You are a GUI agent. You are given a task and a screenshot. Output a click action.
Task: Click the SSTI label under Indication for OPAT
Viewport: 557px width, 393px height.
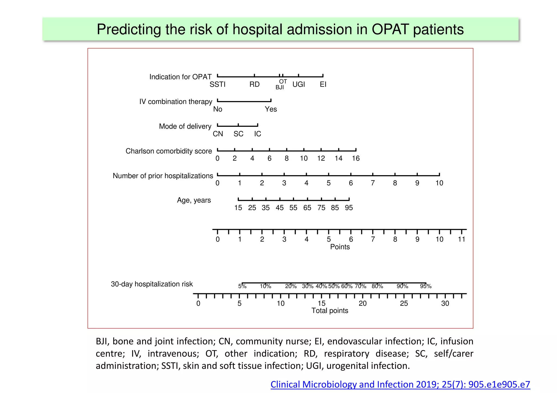(217, 84)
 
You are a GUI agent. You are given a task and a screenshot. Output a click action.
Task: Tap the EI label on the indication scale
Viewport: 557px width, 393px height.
(323, 84)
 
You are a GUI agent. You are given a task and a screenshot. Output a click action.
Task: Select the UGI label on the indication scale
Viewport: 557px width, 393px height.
(299, 84)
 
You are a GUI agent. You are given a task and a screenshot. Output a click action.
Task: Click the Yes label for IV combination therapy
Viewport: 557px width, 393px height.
(271, 109)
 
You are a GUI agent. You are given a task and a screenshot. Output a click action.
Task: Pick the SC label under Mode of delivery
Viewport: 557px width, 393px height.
(238, 134)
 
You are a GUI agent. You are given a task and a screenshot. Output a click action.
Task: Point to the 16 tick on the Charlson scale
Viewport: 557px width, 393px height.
(356, 158)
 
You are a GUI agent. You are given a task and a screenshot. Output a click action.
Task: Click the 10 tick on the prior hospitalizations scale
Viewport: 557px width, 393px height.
(439, 183)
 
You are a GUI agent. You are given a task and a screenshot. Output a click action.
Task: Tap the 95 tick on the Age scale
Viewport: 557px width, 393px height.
(349, 208)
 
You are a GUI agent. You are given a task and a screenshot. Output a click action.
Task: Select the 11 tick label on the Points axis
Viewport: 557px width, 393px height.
(462, 239)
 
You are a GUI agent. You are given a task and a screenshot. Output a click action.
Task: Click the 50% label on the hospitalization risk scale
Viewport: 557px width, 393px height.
(334, 286)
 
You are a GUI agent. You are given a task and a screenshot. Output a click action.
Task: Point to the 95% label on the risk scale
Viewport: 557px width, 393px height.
(426, 286)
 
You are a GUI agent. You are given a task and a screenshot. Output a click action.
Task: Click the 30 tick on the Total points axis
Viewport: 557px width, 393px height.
(445, 303)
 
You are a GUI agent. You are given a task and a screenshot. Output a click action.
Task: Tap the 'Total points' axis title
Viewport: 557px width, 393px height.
(330, 311)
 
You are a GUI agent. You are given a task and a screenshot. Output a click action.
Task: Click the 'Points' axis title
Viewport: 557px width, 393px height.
(340, 247)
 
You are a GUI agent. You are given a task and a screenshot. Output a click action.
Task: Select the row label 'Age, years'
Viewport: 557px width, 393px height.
(194, 200)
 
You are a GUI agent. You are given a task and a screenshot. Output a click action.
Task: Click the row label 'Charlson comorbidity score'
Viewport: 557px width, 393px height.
(169, 151)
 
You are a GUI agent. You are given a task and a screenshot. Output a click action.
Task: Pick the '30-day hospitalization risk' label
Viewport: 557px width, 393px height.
(152, 284)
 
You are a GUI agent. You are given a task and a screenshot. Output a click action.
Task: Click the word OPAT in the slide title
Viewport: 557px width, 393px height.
(390, 29)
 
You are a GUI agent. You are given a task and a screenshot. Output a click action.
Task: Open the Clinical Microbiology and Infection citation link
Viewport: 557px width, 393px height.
(400, 384)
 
